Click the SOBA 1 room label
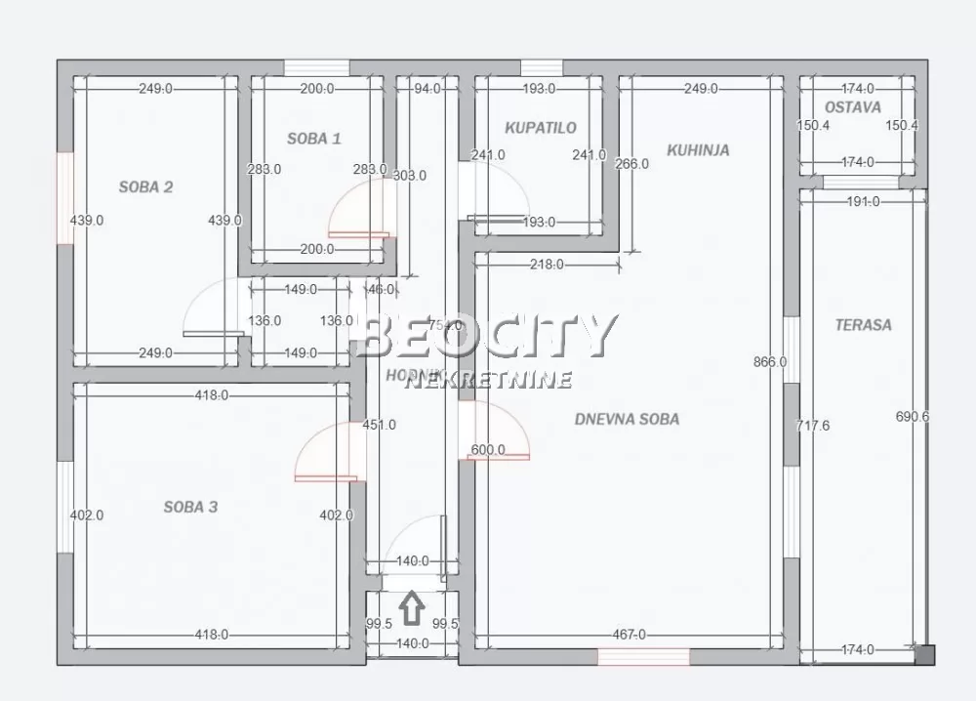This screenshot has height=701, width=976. click(314, 139)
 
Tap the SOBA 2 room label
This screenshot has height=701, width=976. click(145, 186)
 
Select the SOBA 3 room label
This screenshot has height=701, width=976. click(190, 507)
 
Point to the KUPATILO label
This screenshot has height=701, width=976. click(541, 128)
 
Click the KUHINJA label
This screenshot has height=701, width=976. click(698, 150)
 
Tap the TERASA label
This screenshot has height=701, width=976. click(863, 325)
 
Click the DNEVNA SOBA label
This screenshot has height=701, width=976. click(627, 419)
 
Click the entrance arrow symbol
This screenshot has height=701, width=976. click(413, 609)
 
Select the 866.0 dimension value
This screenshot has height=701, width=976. click(770, 362)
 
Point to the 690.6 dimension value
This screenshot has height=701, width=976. click(913, 417)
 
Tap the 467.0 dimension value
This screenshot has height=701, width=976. click(629, 635)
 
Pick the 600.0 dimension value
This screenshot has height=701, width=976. click(488, 450)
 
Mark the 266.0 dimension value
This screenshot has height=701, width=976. click(631, 164)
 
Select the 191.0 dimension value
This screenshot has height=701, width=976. click(862, 202)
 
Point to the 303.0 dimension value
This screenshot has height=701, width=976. click(409, 176)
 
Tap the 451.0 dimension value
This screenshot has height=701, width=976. click(379, 425)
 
